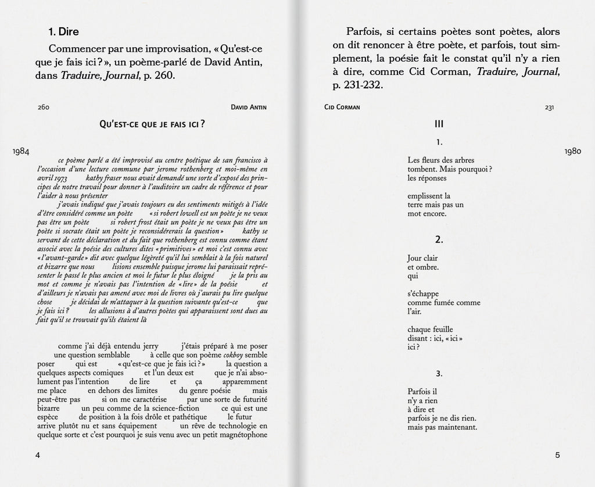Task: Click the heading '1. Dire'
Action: (x=64, y=32)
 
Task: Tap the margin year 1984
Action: (x=21, y=151)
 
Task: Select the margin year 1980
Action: (x=572, y=151)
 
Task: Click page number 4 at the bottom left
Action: (x=38, y=455)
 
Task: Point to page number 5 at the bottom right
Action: (x=557, y=455)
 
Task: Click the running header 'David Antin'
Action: (x=249, y=108)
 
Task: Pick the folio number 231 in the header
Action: (x=549, y=108)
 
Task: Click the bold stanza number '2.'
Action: (x=439, y=239)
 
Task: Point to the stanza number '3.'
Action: (x=439, y=373)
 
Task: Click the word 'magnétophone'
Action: (x=243, y=434)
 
